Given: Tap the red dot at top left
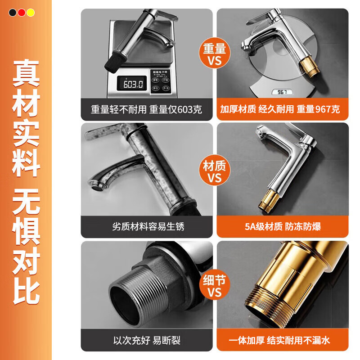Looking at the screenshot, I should tap(22, 13).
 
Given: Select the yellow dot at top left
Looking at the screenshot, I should tap(30, 13).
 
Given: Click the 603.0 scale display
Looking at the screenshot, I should tap(130, 84).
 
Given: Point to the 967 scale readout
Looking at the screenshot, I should tap(282, 92).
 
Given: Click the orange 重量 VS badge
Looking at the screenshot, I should tap(215, 54).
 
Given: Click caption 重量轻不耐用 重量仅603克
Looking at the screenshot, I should tap(146, 109).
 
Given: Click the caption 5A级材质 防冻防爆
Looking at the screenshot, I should tap(282, 226).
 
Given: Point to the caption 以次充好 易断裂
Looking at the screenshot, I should tap(147, 340).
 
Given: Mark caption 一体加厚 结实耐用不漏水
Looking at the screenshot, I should tap(282, 340).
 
